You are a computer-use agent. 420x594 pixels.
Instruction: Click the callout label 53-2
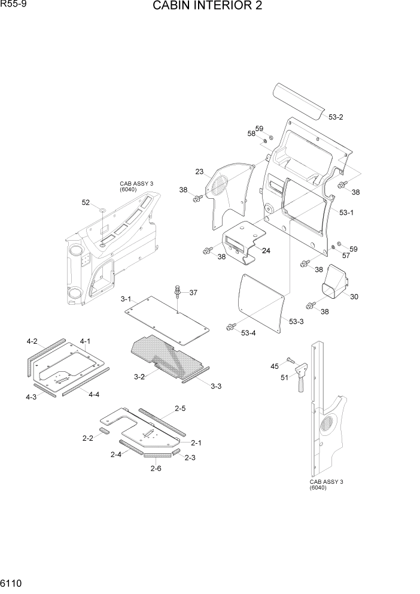pyautogui.click(x=336, y=117)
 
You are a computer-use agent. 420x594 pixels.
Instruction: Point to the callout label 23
pyautogui.click(x=199, y=172)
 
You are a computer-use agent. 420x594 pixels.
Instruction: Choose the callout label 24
pyautogui.click(x=266, y=250)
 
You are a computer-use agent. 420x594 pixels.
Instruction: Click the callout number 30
pyautogui.click(x=354, y=296)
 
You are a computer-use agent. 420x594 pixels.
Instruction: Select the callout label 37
pyautogui.click(x=193, y=293)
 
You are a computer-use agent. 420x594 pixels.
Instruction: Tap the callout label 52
pyautogui.click(x=86, y=203)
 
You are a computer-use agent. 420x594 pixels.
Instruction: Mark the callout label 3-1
pyautogui.click(x=126, y=299)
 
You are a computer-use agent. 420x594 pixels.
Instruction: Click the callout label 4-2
pyautogui.click(x=32, y=341)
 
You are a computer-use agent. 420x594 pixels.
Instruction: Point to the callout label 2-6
pyautogui.click(x=156, y=468)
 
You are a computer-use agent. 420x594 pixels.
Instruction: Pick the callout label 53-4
pyautogui.click(x=249, y=332)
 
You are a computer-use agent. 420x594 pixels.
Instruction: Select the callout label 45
pyautogui.click(x=275, y=366)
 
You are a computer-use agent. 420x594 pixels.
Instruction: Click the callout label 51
pyautogui.click(x=285, y=377)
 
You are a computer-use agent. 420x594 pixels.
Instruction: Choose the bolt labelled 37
pyautogui.click(x=178, y=293)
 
